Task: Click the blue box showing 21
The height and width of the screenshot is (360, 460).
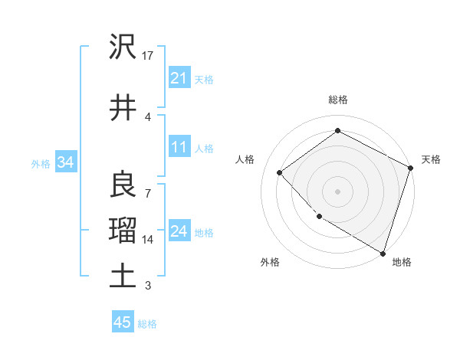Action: [179, 77]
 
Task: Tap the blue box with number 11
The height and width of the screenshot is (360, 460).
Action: [179, 147]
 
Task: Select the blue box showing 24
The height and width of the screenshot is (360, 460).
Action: [179, 231]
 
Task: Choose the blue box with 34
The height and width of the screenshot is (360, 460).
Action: [65, 162]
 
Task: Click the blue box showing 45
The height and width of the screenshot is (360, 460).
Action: [123, 322]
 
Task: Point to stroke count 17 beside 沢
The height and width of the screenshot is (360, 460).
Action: [148, 56]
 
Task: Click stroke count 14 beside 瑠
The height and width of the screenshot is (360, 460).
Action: [148, 240]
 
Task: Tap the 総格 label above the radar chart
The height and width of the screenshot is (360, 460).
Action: [338, 100]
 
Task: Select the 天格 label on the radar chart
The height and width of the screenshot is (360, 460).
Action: [431, 159]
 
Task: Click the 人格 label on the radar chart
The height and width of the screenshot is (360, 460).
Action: [245, 159]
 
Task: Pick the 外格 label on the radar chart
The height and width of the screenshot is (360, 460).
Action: [269, 262]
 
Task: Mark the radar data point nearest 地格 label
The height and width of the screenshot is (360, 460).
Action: [383, 252]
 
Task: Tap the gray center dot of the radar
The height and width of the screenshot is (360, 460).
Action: [338, 191]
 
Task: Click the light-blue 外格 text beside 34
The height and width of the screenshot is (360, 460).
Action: [41, 163]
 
